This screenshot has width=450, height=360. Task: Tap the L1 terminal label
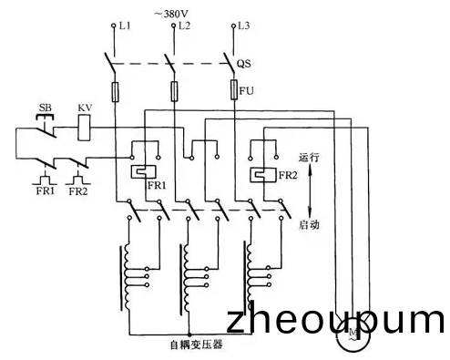tap(126, 26)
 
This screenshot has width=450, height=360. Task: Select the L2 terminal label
tap(185, 26)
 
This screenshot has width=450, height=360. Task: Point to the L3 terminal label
tap(242, 26)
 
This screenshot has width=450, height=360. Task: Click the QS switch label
tap(244, 65)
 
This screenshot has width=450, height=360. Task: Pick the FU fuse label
tap(246, 91)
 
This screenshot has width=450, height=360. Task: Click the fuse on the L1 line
tap(116, 91)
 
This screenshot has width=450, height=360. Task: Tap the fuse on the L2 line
tap(174, 91)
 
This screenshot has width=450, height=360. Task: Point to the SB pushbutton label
tap(44, 108)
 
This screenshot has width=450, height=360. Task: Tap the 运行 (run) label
tap(310, 157)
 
